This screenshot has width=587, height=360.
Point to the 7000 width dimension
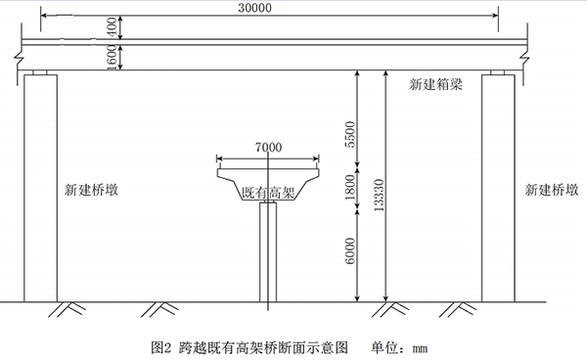[x=267, y=148]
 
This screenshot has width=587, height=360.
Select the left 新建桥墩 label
[x=95, y=189]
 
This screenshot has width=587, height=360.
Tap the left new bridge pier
[x=40, y=186]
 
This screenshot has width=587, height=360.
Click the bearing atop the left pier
[x=40, y=72]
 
